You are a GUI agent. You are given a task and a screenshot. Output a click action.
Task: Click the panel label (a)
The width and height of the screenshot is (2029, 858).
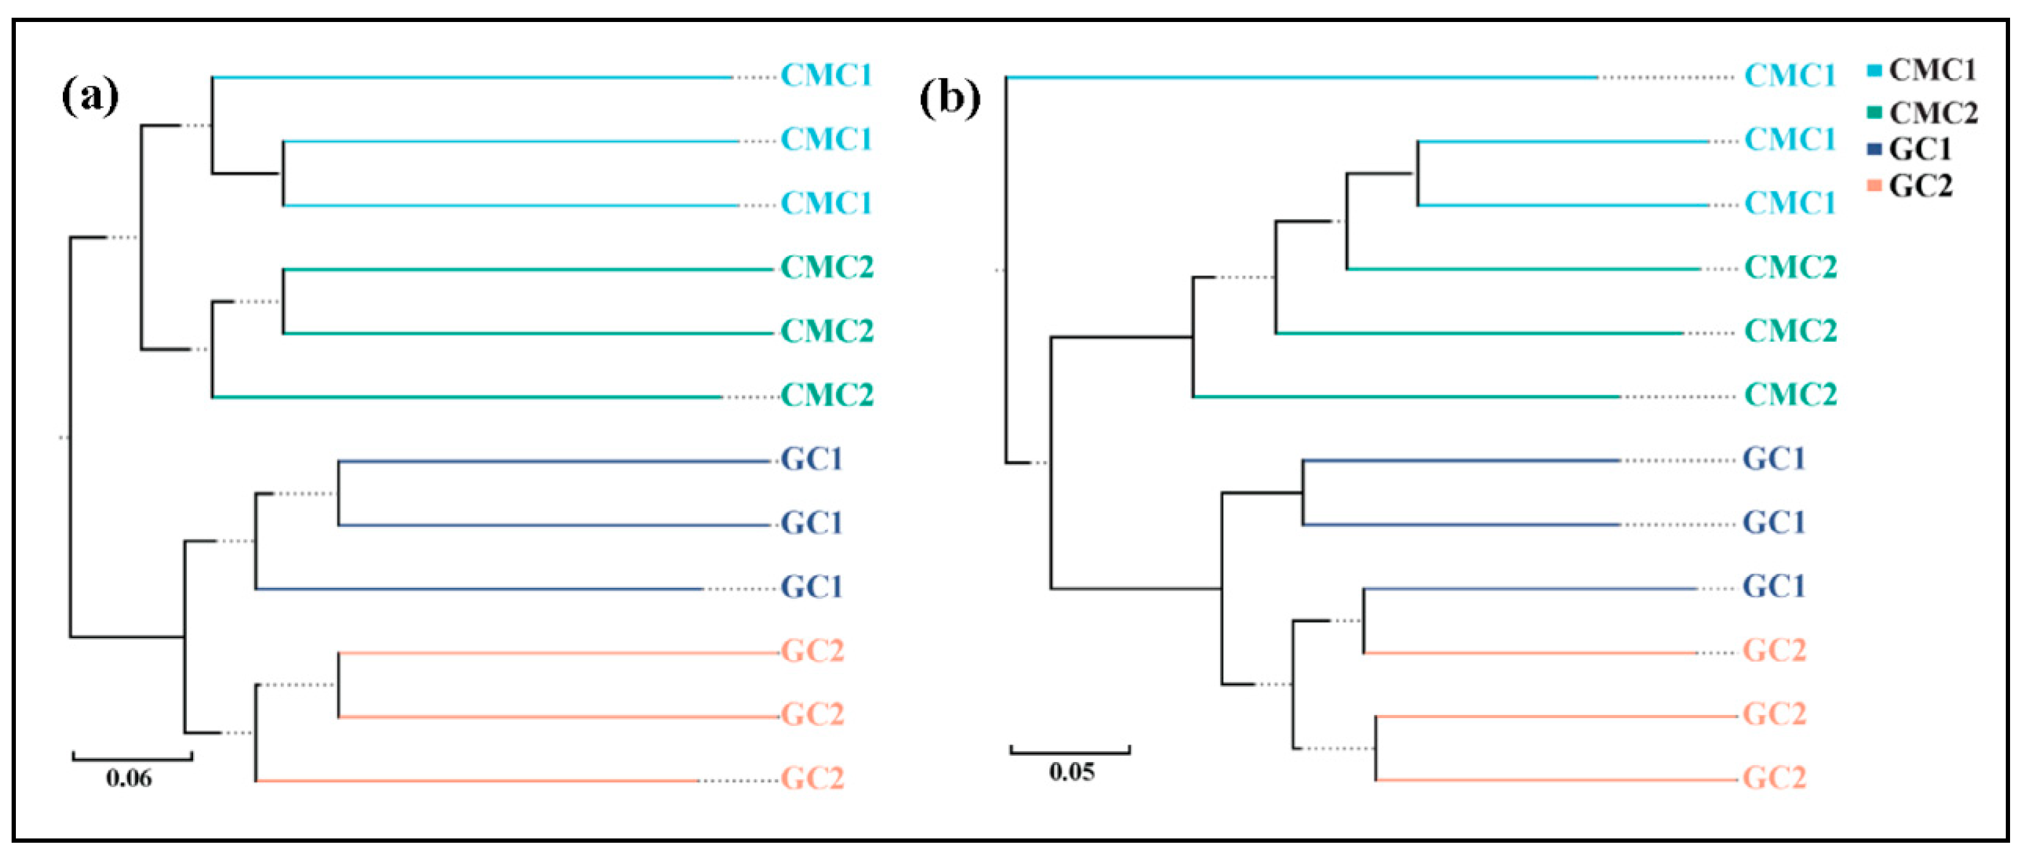pyautogui.click(x=90, y=97)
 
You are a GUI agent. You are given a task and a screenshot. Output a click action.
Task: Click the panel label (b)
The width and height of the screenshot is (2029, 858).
pyautogui.click(x=950, y=98)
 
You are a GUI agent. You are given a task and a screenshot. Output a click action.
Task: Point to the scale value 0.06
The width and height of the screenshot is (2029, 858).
pyautogui.click(x=129, y=779)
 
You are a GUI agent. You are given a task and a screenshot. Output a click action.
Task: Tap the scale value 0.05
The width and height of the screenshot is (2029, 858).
pyautogui.click(x=1071, y=771)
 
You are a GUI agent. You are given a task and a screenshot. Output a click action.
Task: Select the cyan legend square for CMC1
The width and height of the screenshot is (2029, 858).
pyautogui.click(x=1874, y=71)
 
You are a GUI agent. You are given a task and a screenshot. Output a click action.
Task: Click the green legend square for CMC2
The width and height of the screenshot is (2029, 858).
pyautogui.click(x=1874, y=112)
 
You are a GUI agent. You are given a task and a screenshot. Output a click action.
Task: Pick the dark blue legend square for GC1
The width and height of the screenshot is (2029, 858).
pyautogui.click(x=1874, y=149)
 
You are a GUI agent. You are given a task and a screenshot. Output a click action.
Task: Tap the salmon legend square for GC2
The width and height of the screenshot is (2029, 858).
pyautogui.click(x=1874, y=186)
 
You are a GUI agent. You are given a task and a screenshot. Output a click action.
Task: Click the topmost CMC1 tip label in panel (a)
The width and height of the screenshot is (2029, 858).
pyautogui.click(x=826, y=76)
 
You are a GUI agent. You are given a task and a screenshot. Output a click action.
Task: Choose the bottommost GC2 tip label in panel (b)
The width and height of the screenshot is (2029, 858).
pyautogui.click(x=1774, y=779)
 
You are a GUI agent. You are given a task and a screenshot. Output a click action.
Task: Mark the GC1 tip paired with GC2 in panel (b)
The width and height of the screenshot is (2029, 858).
pyautogui.click(x=1774, y=587)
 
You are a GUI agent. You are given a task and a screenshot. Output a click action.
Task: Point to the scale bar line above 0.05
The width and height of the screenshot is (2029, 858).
pyautogui.click(x=1071, y=752)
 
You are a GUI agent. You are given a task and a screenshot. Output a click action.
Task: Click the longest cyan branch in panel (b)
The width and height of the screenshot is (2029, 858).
pyautogui.click(x=1300, y=77)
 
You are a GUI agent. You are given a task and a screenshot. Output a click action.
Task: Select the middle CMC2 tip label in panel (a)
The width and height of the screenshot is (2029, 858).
pyautogui.click(x=827, y=331)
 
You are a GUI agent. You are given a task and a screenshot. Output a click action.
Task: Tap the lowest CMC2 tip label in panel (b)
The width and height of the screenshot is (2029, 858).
pyautogui.click(x=1790, y=395)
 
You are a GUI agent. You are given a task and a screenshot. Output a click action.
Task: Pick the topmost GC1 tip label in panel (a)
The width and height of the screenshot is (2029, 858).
pyautogui.click(x=811, y=460)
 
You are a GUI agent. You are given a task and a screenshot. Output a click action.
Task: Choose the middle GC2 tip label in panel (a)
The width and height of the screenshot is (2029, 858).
pyautogui.click(x=812, y=714)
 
